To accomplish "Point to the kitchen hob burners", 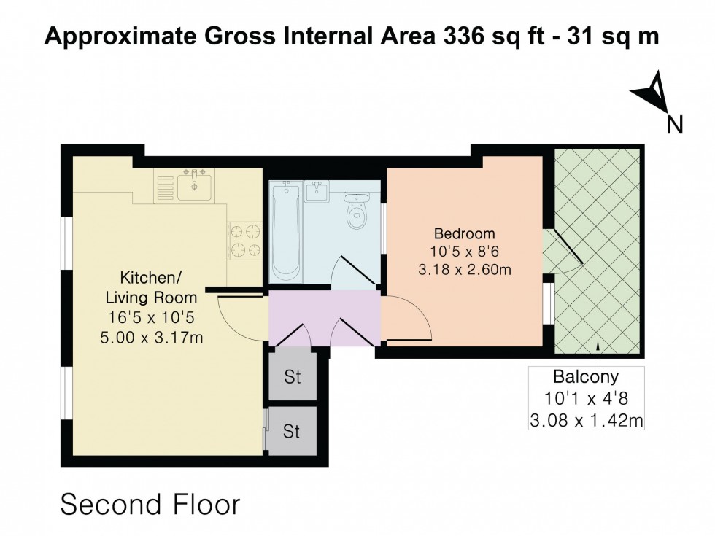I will click(x=245, y=241).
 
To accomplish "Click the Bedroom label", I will click(x=464, y=234).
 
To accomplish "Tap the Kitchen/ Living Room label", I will click(x=151, y=287).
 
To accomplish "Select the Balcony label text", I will click(x=585, y=378).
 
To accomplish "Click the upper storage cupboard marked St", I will click(x=293, y=378).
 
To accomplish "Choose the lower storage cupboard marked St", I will click(x=293, y=432).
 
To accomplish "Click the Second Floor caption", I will click(x=150, y=505).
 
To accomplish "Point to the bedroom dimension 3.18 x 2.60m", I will click(x=464, y=270).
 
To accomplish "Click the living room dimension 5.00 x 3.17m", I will click(x=151, y=337).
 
